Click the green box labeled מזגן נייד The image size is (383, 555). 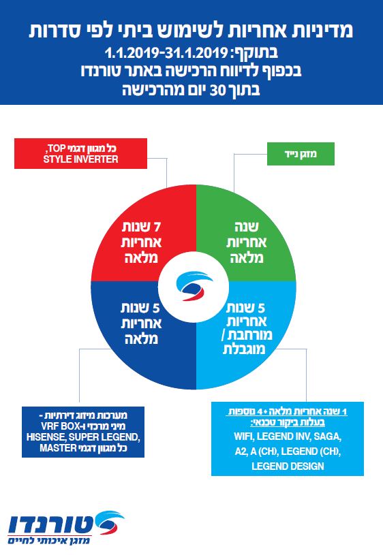point(301,154)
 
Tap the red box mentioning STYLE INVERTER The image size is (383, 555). point(80,153)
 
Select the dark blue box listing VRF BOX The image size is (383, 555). point(83,432)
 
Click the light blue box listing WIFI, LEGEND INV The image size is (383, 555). point(288,439)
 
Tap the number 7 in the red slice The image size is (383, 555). point(156,227)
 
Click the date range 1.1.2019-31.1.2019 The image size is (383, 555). point(166,53)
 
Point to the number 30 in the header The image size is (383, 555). point(217,91)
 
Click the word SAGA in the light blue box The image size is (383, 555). point(327,437)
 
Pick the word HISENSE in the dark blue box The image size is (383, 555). point(46,437)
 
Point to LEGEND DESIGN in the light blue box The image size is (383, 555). point(288,466)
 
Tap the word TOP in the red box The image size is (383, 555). point(56,148)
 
